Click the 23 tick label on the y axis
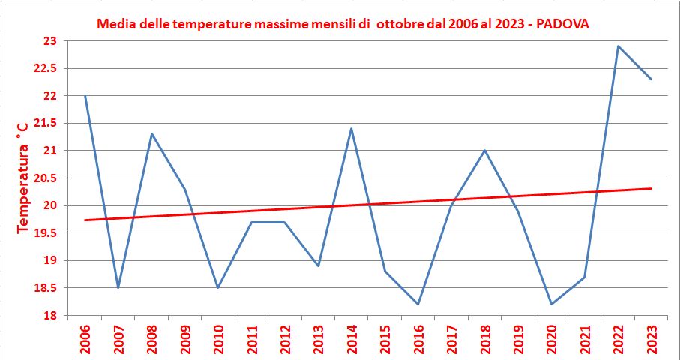coord(51,41)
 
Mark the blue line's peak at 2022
coord(618,46)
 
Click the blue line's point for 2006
coord(85,96)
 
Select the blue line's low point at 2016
coord(418,304)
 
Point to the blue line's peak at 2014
coord(351,129)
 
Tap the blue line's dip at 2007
coord(118,287)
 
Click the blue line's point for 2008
coord(151,134)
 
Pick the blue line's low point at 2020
coord(551,304)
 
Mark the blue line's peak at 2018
coord(484,151)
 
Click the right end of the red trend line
coord(651,188)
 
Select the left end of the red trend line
coord(85,220)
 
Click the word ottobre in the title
coord(402,24)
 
